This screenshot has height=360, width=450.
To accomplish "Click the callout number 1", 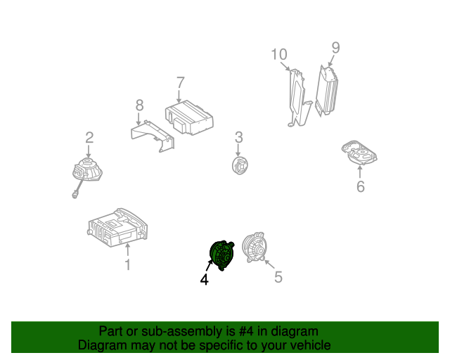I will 127,265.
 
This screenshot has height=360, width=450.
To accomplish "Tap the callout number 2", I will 89,137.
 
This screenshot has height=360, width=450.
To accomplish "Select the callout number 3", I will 238,136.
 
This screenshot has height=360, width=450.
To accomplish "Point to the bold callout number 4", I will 204,279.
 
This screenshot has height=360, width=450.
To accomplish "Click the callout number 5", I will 278,277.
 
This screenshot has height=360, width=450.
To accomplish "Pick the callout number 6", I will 360,186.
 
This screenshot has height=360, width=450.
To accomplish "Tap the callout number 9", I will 335,48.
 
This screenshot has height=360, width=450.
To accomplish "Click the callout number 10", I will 279,54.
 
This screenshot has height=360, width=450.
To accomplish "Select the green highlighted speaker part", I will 222,255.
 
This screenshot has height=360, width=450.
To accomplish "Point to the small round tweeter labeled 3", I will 239,165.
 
